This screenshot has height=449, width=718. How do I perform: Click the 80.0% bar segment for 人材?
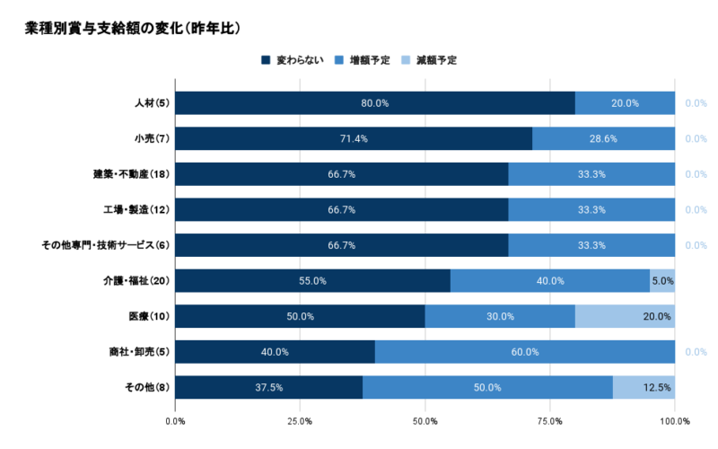pos(374,103)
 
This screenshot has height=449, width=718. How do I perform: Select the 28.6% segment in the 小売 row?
pos(603,138)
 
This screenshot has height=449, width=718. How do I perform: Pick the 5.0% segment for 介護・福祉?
pos(662,280)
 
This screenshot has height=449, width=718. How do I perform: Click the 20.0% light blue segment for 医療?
pos(625,316)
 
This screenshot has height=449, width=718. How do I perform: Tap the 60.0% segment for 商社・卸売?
pos(524,351)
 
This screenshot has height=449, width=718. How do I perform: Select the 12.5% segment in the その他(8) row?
pos(645,387)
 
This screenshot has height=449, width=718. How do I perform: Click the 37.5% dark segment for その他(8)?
pos(268,387)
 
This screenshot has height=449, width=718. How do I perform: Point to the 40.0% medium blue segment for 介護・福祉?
pos(550,280)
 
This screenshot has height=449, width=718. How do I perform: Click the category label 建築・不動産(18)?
pos(131,174)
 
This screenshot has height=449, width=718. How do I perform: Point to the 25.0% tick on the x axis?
pos(300,420)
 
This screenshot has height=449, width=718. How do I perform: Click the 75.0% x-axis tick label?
pos(549,420)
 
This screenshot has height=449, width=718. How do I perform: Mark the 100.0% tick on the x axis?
pos(674,420)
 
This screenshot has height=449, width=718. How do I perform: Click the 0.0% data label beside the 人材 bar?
pos(696,103)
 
